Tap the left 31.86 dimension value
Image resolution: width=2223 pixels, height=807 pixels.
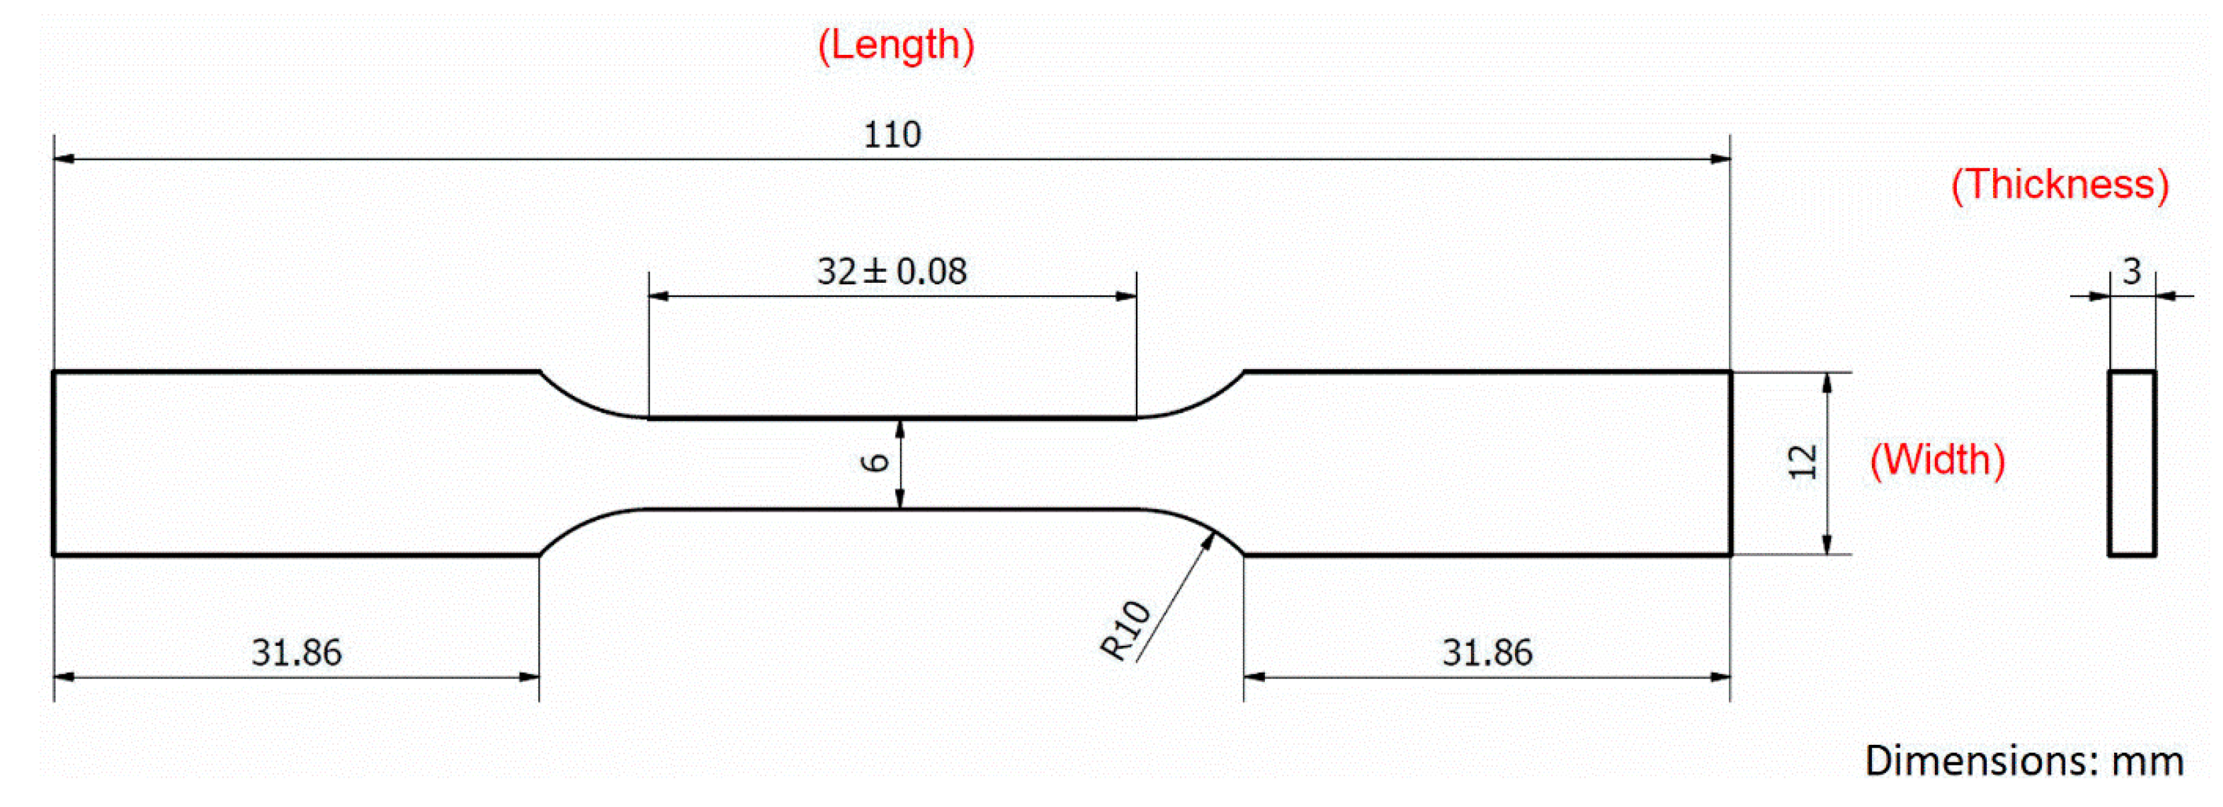(296, 652)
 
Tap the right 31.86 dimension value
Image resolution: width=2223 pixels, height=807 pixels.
(1487, 652)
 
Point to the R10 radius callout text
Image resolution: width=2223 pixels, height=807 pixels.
(1125, 630)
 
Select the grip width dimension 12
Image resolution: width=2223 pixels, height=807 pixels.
(1802, 463)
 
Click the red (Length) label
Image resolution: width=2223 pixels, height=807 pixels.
(896, 45)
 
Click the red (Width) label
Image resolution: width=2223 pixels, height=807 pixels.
(1936, 459)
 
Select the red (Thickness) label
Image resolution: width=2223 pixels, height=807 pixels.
(2060, 185)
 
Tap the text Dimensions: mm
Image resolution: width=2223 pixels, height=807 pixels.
(2024, 760)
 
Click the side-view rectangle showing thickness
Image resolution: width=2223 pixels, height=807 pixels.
(2131, 463)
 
